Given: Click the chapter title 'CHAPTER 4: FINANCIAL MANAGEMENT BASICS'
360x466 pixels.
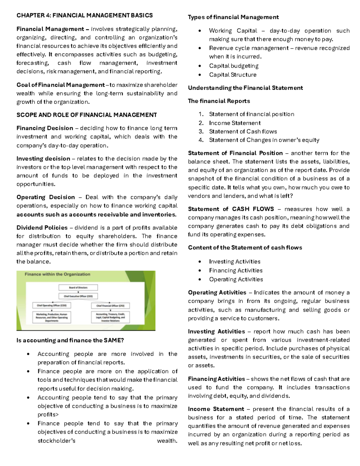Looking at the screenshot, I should tap(84, 15).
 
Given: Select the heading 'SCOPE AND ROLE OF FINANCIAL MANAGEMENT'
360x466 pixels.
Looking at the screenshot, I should tap(86, 115).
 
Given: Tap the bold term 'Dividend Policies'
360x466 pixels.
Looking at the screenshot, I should tap(42, 228).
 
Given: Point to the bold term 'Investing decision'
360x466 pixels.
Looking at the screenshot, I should tap(43, 159).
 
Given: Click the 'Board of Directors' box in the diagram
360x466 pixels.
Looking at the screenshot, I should tap(78, 287).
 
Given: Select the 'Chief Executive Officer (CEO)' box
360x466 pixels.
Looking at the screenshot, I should tap(78, 296).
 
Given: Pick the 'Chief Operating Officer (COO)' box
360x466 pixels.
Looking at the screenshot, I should tap(52, 305).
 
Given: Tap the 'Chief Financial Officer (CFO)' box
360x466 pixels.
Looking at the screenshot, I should tap(110, 306).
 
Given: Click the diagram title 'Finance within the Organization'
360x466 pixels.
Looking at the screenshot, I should tap(57, 274).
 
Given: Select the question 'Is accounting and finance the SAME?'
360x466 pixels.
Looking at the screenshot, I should tap(70, 340).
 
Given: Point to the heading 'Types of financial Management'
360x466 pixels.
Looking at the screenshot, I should tap(233, 17).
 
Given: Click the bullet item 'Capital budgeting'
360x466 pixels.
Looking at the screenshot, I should tap(234, 66).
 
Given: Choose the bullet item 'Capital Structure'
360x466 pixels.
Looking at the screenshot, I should tap(233, 75).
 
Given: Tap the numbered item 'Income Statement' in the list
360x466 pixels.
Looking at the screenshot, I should tap(235, 123).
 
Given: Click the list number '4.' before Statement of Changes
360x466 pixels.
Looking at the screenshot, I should tap(201, 140).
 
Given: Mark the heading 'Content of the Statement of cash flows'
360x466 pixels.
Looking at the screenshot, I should tap(245, 248).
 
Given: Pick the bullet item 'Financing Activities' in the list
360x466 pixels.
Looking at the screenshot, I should tap(235, 271).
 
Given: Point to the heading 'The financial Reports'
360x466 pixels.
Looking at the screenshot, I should tap(219, 101).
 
